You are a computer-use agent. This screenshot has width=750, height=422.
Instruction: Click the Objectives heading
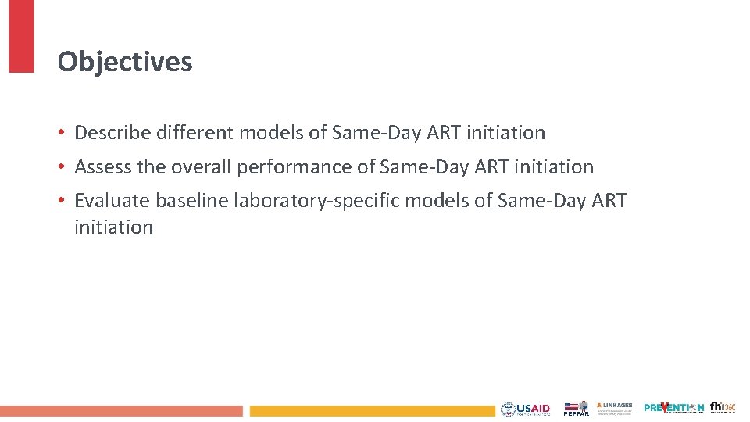click(x=125, y=62)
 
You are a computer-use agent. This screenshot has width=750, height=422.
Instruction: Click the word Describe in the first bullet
click(x=112, y=133)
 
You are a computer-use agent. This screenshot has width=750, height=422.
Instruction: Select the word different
click(x=195, y=133)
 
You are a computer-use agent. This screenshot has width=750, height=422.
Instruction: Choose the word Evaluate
click(x=112, y=200)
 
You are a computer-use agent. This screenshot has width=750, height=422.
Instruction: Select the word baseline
click(x=191, y=200)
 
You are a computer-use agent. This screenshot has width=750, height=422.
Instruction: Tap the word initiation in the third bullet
click(x=113, y=227)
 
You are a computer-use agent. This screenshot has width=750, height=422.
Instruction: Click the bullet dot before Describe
click(x=62, y=134)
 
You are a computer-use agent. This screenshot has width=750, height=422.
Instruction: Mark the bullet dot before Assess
click(x=62, y=167)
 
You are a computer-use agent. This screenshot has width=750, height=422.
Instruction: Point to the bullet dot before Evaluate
click(x=62, y=201)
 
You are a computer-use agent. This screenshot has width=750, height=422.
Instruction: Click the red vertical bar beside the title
click(x=21, y=36)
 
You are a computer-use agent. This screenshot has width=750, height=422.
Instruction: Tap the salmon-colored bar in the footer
click(x=121, y=410)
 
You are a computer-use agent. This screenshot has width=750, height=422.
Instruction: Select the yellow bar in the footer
click(x=372, y=410)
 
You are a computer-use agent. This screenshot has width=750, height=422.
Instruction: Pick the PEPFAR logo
click(x=576, y=409)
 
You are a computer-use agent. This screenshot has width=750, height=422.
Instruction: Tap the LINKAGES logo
click(x=615, y=408)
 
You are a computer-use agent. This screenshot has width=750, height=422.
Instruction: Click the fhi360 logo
click(x=723, y=407)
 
